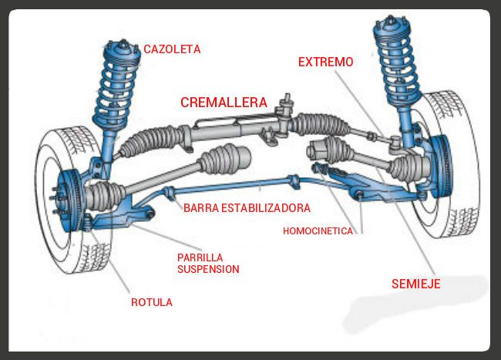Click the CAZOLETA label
click(x=172, y=49)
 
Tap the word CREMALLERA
click(x=224, y=102)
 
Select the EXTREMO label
click(x=326, y=62)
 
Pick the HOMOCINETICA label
click(x=318, y=230)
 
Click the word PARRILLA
click(x=200, y=257)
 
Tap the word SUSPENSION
click(x=208, y=270)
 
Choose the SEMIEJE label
click(x=416, y=284)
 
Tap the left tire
click(x=66, y=231)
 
